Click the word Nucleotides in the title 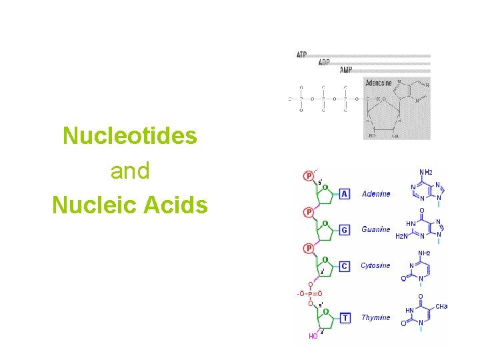coord(130,136)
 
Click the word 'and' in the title coord(130,171)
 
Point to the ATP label coord(301,55)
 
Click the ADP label coord(323,63)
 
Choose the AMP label coord(345,70)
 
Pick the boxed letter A coord(345,193)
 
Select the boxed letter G coord(345,230)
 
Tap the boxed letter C coord(345,266)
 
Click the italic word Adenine coord(376,194)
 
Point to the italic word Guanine coord(375,229)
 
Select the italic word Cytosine coord(375,265)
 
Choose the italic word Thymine coord(375,317)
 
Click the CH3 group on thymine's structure coord(441,307)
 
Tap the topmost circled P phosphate coord(309,176)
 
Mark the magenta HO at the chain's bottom coord(313,337)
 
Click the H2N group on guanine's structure coord(402,236)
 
